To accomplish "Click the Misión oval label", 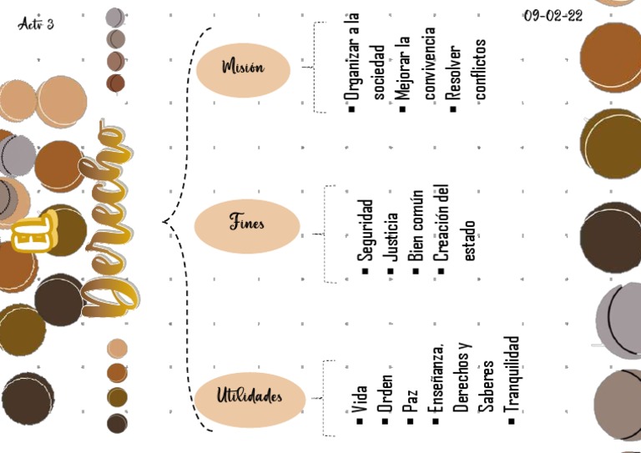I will tap(244, 68).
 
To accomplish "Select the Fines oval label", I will tap(247, 224).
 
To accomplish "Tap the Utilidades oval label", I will tap(249, 395).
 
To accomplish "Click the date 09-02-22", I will tap(553, 16).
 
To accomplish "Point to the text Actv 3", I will tap(35, 23).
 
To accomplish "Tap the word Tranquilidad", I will tap(512, 375).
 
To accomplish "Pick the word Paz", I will tap(410, 404).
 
